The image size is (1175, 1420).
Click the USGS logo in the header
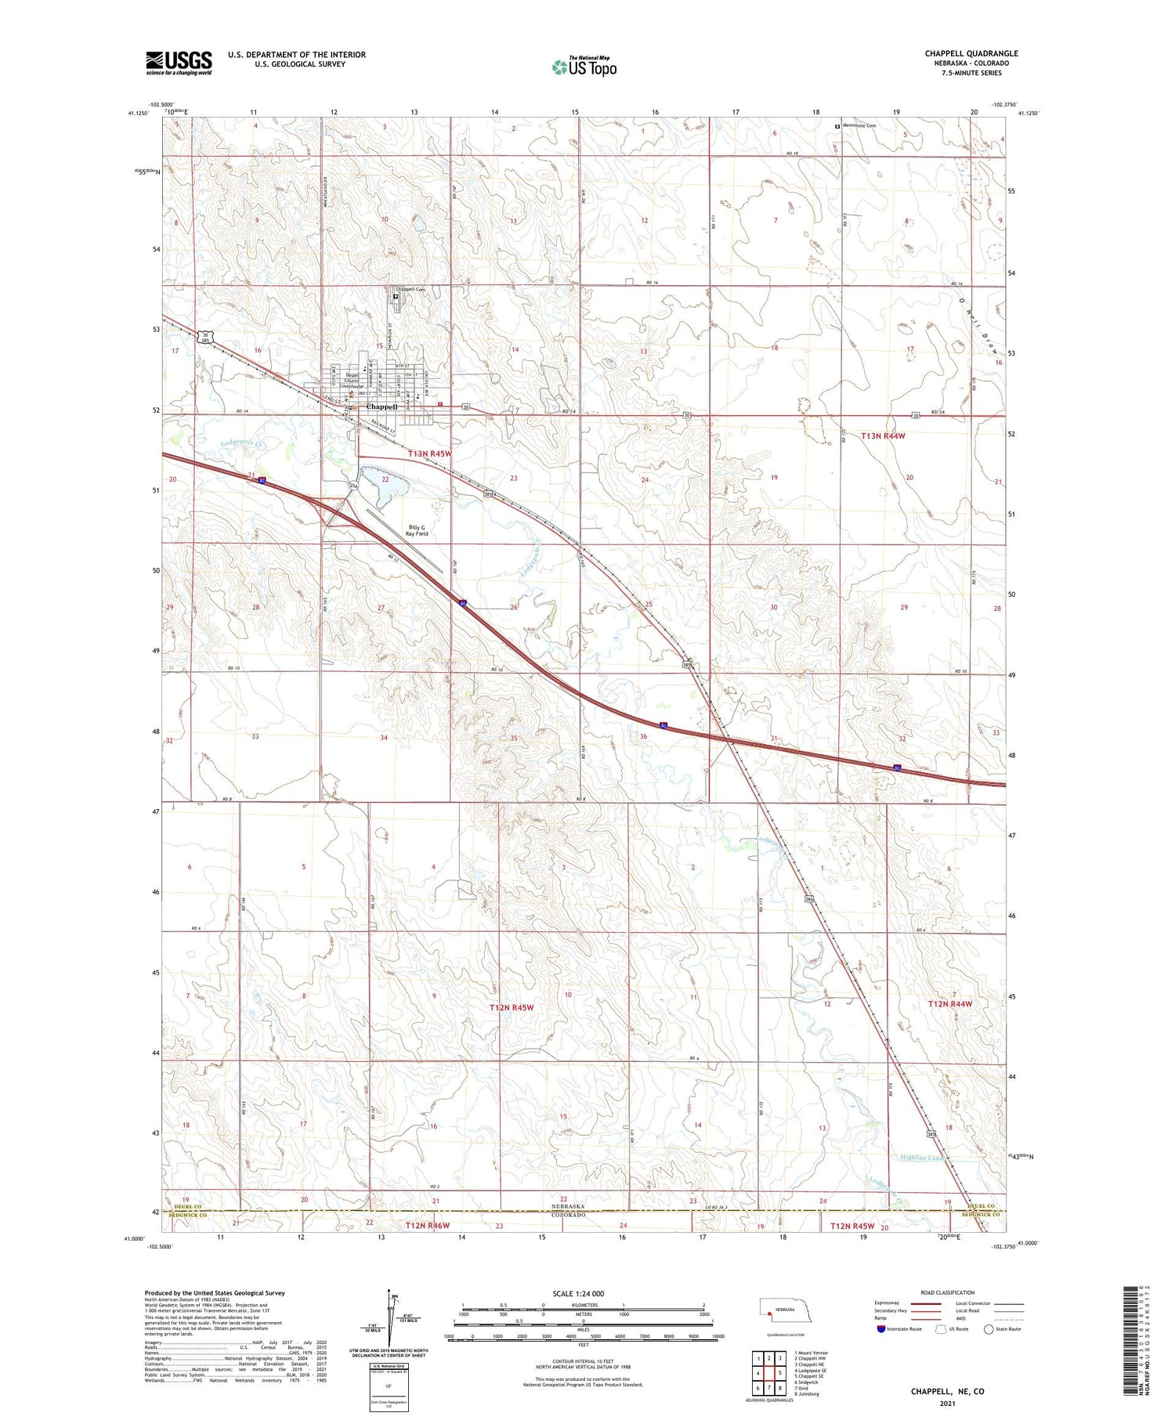coord(179,63)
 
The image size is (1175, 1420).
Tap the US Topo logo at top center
coord(584,67)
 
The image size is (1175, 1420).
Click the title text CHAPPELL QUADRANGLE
coord(971,53)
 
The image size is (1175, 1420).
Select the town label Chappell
coord(382,406)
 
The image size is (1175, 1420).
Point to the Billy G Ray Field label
coord(417,530)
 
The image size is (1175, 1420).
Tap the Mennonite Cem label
coord(860,125)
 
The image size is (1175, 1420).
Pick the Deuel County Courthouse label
coord(352,381)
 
